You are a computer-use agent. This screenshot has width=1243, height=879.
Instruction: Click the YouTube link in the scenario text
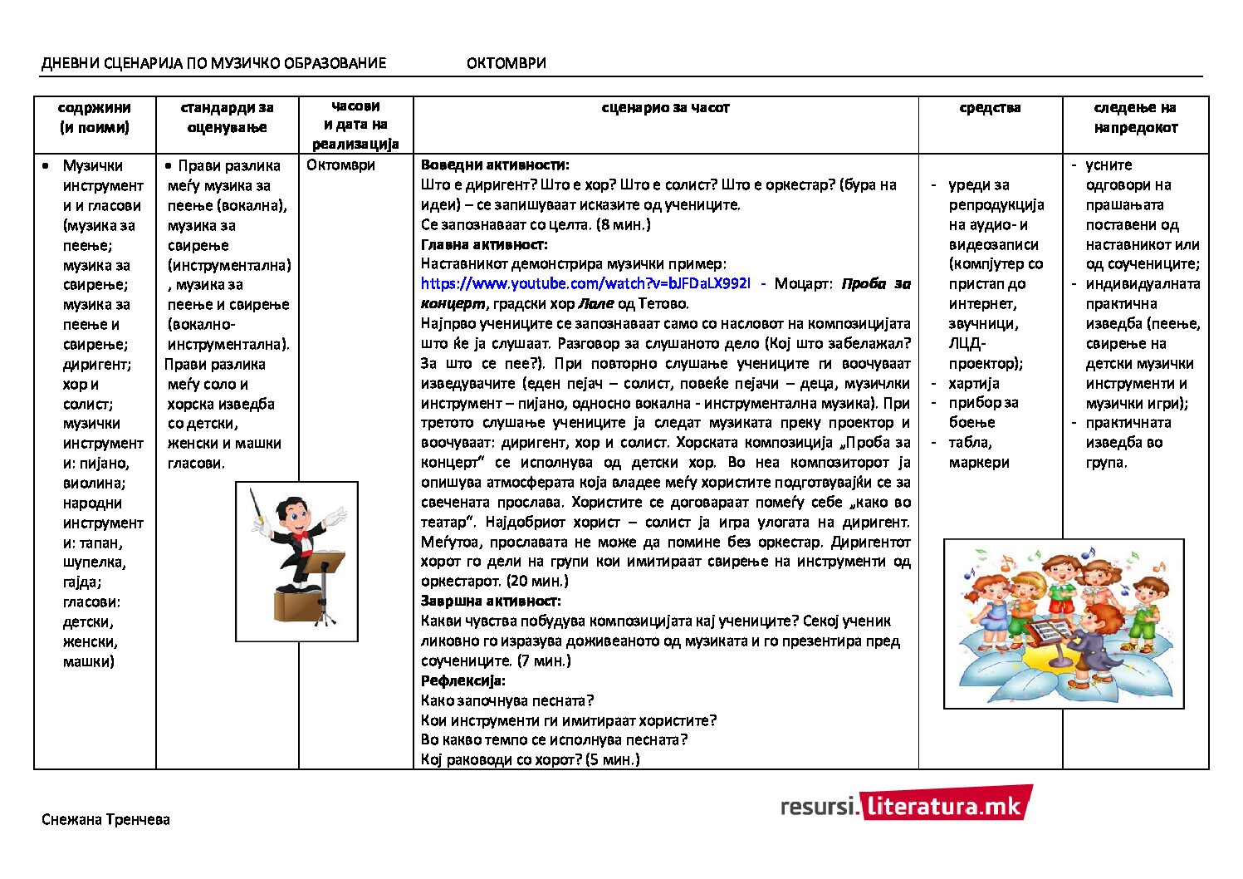585,284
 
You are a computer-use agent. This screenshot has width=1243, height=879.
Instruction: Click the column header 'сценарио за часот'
665,108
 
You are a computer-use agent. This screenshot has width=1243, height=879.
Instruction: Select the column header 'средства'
990,108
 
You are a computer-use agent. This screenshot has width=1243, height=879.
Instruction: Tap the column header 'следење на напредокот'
1135,118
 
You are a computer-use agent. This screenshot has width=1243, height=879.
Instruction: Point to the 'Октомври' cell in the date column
340,165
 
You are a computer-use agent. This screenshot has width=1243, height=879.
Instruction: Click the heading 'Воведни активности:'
495,165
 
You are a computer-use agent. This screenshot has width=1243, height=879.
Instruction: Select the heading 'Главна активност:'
484,244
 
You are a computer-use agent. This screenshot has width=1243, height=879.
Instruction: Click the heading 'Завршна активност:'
491,601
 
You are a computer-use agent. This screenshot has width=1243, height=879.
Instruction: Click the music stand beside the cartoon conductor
321,582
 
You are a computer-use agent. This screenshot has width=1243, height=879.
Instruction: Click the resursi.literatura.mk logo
906,804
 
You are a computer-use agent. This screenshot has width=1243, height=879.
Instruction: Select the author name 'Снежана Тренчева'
105,820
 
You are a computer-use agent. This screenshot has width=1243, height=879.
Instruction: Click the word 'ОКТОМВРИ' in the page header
506,63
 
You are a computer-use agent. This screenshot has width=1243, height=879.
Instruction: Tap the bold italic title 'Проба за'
876,284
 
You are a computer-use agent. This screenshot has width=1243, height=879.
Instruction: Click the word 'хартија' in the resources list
974,384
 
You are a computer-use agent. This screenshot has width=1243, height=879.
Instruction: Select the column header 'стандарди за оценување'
227,118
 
